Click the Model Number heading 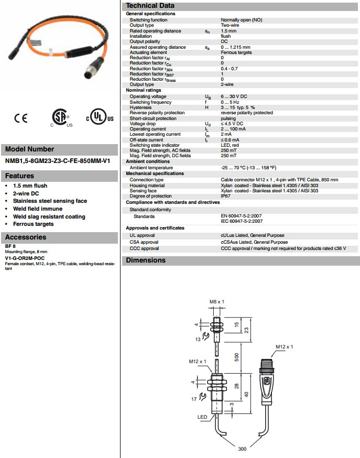(x=30, y=149)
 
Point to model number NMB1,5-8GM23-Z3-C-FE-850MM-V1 (x=58, y=160)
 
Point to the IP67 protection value (x=226, y=196)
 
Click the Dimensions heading (x=146, y=260)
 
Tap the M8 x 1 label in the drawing (x=216, y=302)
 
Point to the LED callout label (x=202, y=417)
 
